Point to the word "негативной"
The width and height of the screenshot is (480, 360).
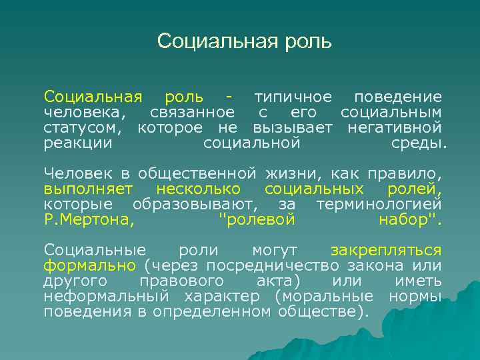pos(395,127)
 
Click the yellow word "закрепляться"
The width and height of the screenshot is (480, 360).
pos(386,251)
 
